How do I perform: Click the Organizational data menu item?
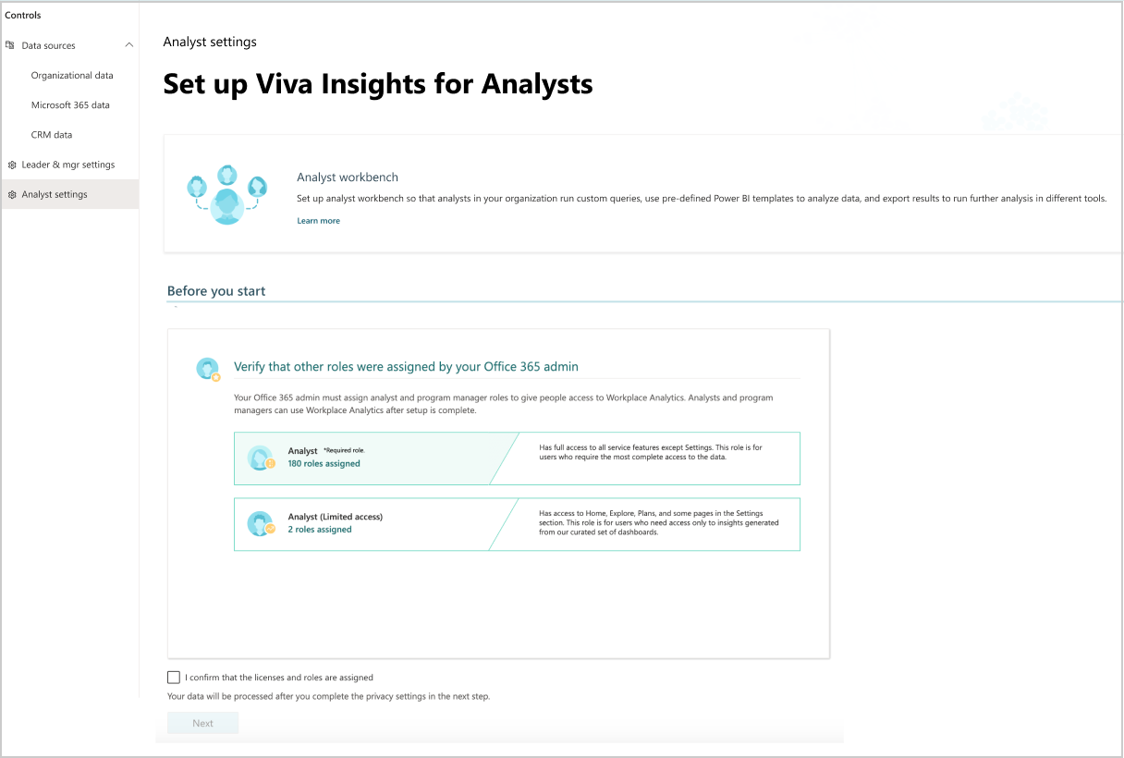[x=72, y=75]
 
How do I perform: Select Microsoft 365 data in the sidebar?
[x=70, y=104]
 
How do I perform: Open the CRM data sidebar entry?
[x=51, y=134]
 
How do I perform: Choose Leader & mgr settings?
[x=67, y=165]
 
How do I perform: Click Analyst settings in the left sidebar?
[x=55, y=194]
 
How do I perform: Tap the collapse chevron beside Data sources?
[x=129, y=45]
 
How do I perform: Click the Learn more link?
[x=318, y=221]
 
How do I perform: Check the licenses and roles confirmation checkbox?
[x=174, y=678]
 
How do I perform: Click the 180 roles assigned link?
[x=324, y=463]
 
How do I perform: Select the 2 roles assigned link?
[x=320, y=530]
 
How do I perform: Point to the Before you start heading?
[x=216, y=291]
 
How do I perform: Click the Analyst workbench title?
[x=348, y=177]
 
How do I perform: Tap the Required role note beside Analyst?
[x=344, y=450]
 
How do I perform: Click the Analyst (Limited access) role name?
[x=336, y=517]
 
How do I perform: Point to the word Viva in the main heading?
[x=285, y=84]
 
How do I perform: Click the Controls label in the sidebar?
[x=22, y=15]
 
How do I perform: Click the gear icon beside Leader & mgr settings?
[x=12, y=165]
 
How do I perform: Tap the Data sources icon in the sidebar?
[x=9, y=45]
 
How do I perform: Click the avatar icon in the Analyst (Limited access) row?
[x=261, y=524]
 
